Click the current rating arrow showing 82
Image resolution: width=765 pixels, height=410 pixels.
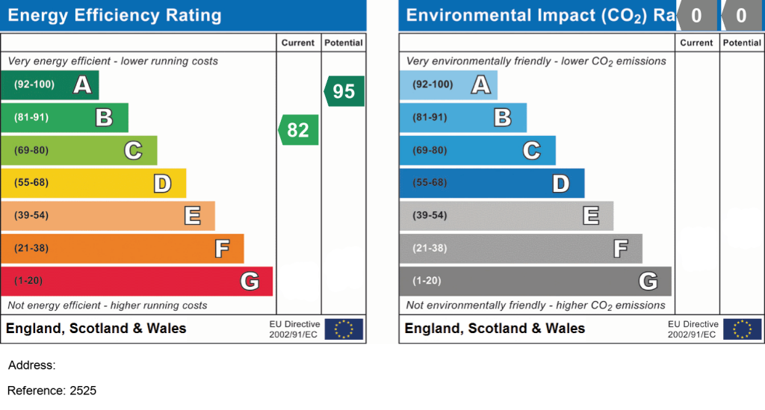(x=299, y=130)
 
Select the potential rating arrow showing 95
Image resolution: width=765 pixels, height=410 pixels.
(x=344, y=91)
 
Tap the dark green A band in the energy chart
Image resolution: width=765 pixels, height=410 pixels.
(x=49, y=84)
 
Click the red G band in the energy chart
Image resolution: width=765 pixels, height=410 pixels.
(x=136, y=281)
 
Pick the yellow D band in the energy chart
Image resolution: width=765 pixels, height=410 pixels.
(x=93, y=183)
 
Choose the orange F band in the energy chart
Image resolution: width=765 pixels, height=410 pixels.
(x=122, y=248)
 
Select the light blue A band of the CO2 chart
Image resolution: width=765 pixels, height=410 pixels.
(x=447, y=84)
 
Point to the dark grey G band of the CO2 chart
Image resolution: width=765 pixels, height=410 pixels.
(x=535, y=281)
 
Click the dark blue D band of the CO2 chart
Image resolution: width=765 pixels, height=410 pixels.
(x=492, y=183)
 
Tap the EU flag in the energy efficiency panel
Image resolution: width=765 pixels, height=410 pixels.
(x=344, y=329)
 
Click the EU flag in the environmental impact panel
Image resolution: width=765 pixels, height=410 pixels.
(x=743, y=329)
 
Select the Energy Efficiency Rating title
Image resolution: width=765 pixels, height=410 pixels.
(x=114, y=16)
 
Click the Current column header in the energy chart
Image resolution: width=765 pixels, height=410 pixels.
(x=298, y=43)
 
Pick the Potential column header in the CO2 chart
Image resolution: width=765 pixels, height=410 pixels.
(x=742, y=43)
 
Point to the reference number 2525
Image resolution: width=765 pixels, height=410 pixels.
(x=83, y=391)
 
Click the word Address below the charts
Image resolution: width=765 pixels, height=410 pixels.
(x=31, y=366)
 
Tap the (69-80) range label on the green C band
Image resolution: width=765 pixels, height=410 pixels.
(x=31, y=150)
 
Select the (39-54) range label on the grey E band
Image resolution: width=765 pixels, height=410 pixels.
(x=430, y=216)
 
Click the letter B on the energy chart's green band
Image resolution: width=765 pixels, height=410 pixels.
(x=104, y=117)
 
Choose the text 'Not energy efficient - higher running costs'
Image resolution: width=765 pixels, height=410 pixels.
(x=108, y=305)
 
